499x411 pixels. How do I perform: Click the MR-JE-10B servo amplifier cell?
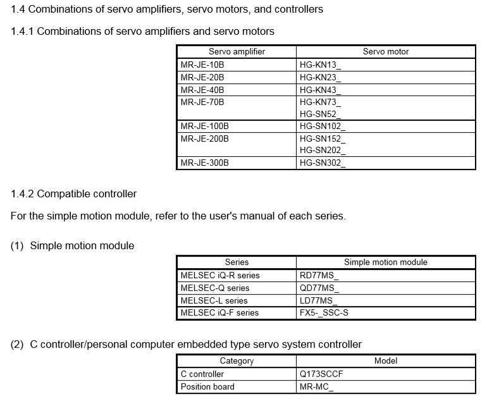pos(202,64)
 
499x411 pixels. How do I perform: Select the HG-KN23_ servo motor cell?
pos(320,77)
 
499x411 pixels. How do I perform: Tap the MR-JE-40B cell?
pos(202,90)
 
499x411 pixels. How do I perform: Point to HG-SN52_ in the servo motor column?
pos(320,114)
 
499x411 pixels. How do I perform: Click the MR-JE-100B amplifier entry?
pos(205,126)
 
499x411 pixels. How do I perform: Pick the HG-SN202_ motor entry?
pos(323,150)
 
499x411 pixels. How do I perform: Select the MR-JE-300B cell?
pos(205,163)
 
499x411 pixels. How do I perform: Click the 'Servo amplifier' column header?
pos(237,51)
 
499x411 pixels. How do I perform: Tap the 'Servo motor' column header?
pos(386,51)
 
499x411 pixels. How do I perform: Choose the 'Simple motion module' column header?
pos(386,262)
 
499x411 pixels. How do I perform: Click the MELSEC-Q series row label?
pos(215,288)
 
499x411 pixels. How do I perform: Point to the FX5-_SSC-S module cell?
pos(324,312)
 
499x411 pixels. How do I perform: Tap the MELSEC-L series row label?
pos(214,300)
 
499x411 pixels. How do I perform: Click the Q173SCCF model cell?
pos(321,374)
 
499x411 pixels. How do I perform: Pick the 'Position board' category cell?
pos(207,386)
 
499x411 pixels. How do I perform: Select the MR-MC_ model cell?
pos(316,386)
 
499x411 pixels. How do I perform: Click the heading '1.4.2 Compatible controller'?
pos(73,193)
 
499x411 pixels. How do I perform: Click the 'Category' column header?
pos(237,360)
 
